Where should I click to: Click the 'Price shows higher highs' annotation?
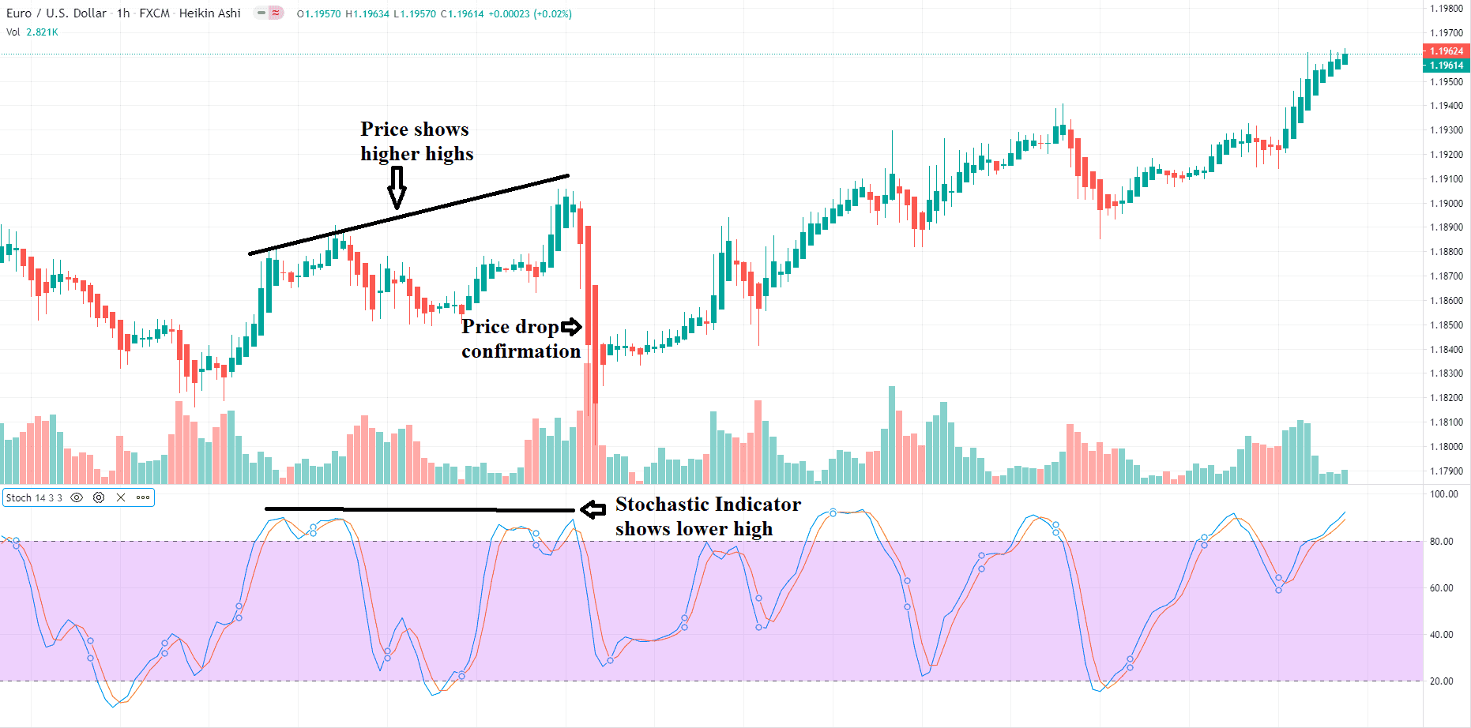[x=416, y=141]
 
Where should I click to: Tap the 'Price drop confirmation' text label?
[x=521, y=339]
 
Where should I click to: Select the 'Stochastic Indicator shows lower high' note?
[x=708, y=516]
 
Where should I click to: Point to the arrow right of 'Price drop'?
[x=571, y=326]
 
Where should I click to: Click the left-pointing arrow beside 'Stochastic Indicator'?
[x=593, y=509]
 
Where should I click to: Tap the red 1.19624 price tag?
[x=1446, y=51]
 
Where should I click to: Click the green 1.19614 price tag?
[x=1446, y=66]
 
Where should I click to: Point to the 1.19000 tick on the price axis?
[x=1446, y=203]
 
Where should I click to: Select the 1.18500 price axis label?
[x=1446, y=325]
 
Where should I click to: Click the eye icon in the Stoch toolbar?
[x=77, y=498]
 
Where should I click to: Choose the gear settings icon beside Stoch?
[x=99, y=498]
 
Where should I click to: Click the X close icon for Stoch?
[x=121, y=498]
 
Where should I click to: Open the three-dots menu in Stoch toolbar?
[x=143, y=498]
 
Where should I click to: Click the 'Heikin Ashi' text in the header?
[x=209, y=13]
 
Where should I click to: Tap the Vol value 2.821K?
[x=42, y=32]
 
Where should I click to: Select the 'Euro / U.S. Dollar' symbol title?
[x=56, y=13]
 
